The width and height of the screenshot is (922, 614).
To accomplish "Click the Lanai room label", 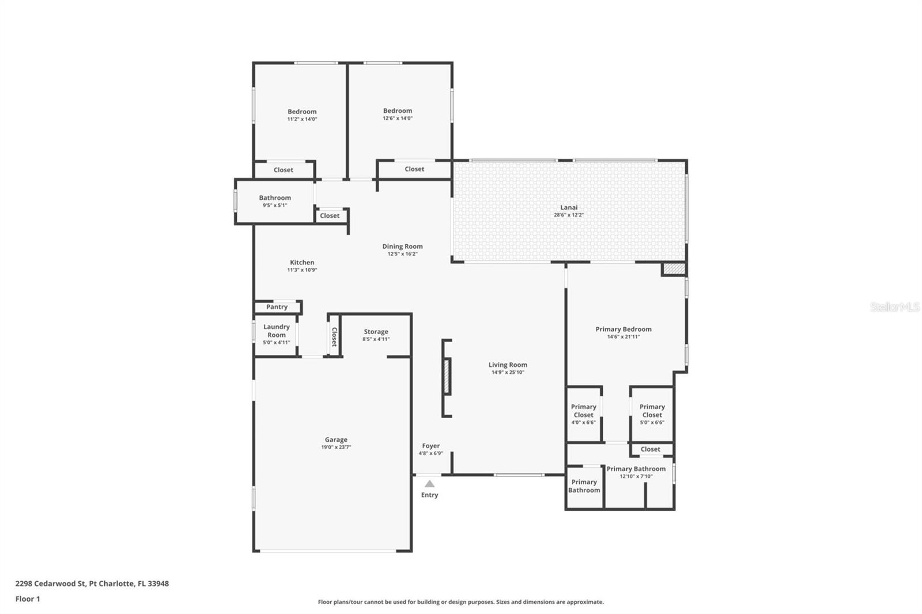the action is click(x=568, y=207).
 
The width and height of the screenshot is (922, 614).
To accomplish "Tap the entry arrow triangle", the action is click(x=429, y=484).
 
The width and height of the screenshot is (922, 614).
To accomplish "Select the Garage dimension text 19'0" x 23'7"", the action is click(x=336, y=448).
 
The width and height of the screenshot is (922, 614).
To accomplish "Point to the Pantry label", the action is click(x=277, y=307).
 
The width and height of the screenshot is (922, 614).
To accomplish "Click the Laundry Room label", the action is click(x=276, y=331).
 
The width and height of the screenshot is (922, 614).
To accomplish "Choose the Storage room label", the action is click(x=376, y=332).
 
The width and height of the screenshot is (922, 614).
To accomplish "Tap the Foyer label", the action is click(x=431, y=446).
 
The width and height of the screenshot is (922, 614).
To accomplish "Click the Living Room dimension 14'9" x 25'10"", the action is click(x=508, y=373).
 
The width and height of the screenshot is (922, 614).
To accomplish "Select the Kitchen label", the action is click(x=302, y=263).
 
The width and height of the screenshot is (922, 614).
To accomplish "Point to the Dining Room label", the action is click(x=402, y=247).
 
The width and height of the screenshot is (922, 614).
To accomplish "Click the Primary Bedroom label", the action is click(x=623, y=329).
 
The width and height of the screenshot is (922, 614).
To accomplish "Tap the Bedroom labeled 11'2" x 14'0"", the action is click(x=302, y=112).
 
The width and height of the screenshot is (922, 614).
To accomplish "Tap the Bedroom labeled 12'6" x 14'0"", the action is click(x=397, y=111).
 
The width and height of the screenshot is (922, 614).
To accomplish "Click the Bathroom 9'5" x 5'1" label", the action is click(x=274, y=198).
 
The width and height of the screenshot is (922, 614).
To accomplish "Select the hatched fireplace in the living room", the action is click(x=447, y=377).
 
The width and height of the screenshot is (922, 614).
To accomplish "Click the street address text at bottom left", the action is click(x=92, y=583).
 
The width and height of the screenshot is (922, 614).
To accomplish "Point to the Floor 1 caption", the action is click(x=28, y=599).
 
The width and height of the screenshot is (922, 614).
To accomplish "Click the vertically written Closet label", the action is click(x=334, y=337).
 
